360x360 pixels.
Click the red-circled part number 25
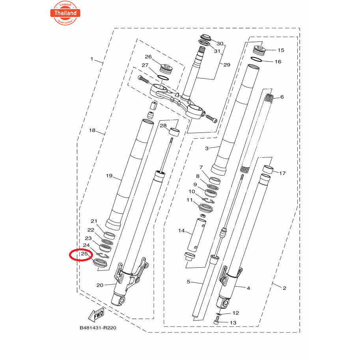pyautogui.click(x=84, y=254)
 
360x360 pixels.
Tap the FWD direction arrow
pyautogui.click(x=95, y=315)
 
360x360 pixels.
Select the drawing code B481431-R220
pyautogui.click(x=98, y=328)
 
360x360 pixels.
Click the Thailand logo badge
pyautogui.click(x=65, y=12)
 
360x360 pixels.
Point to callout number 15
pyautogui.click(x=281, y=50)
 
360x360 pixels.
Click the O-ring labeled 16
pyautogui.click(x=256, y=60)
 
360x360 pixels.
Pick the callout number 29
pyautogui.click(x=227, y=65)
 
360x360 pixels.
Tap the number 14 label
pyautogui.click(x=181, y=230)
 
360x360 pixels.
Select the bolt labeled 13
pyautogui.click(x=216, y=322)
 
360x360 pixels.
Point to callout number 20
pyautogui.click(x=100, y=285)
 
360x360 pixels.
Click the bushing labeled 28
pyautogui.click(x=174, y=132)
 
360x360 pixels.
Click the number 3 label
pyautogui.click(x=207, y=148)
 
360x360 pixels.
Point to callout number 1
pyautogui.click(x=92, y=59)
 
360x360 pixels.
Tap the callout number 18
pyautogui.click(x=92, y=130)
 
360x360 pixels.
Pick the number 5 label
pyautogui.click(x=188, y=282)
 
